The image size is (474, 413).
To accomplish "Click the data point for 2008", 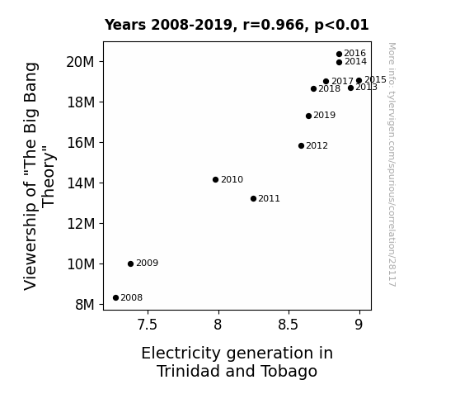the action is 115,298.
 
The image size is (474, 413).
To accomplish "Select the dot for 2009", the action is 130,264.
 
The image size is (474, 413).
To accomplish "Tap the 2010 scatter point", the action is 215,180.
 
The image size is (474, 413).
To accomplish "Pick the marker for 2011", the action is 253,199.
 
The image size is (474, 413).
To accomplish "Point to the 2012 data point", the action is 301,145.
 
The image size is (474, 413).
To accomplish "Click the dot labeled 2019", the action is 308,116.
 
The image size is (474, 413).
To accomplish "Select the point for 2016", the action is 339,55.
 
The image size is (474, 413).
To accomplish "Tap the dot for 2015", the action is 359,81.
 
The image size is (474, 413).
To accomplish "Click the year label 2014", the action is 355,61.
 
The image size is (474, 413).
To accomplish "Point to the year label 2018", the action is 329,88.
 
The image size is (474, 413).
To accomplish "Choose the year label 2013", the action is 366,88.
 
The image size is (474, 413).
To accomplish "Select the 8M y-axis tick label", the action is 85,305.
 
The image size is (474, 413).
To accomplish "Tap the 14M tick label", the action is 81,183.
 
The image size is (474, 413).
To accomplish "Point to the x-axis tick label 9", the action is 359,325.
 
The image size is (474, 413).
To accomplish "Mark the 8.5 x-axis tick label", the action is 288,325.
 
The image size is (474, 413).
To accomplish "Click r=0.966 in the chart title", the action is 275,25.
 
